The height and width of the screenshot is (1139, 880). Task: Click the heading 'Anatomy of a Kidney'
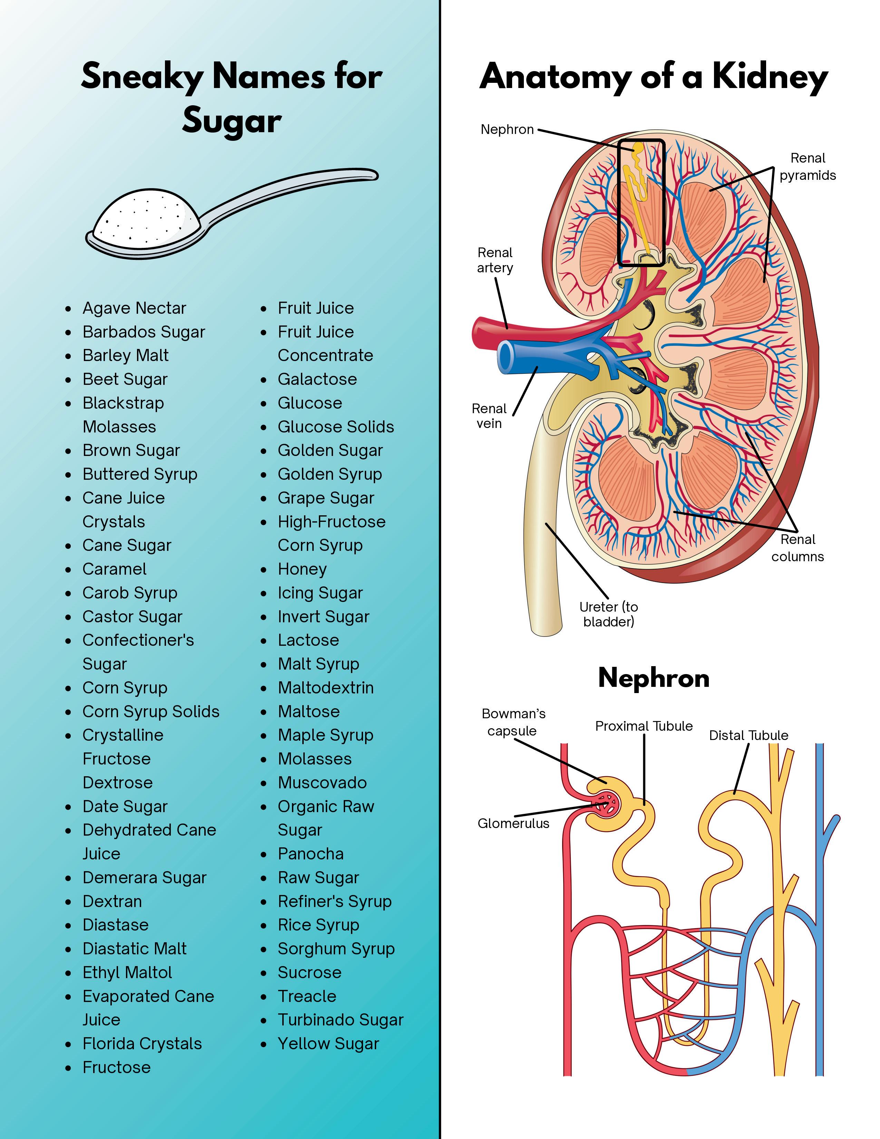pyautogui.click(x=653, y=77)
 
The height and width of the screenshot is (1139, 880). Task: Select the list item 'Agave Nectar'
pyautogui.click(x=134, y=308)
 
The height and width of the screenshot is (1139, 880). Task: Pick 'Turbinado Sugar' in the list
pyautogui.click(x=340, y=1020)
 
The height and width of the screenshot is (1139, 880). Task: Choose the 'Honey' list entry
pyautogui.click(x=302, y=569)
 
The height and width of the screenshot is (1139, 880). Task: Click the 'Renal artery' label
pyautogui.click(x=495, y=260)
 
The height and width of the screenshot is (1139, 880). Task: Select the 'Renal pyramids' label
pyautogui.click(x=808, y=167)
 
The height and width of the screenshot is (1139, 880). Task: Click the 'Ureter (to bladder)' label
pyautogui.click(x=608, y=614)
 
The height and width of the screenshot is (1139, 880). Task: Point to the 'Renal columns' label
pyautogui.click(x=798, y=548)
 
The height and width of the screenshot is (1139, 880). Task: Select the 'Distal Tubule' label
pyautogui.click(x=748, y=735)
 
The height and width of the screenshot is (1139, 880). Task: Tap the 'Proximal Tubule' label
pyautogui.click(x=644, y=726)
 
